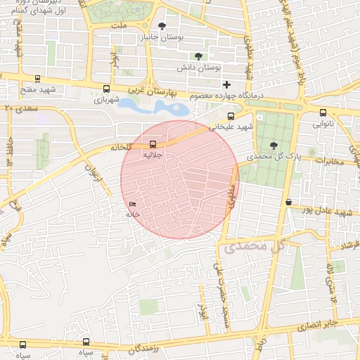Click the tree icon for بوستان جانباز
[x=162, y=26]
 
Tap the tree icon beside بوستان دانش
[x=198, y=56]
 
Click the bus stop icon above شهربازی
[x=106, y=89]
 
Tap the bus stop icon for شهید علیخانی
[x=231, y=117]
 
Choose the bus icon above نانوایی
[x=323, y=112]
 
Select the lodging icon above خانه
[x=133, y=205]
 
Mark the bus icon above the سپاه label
[x=23, y=345]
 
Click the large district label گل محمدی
[x=255, y=246]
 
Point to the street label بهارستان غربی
[x=157, y=92]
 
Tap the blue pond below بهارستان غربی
[x=161, y=108]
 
